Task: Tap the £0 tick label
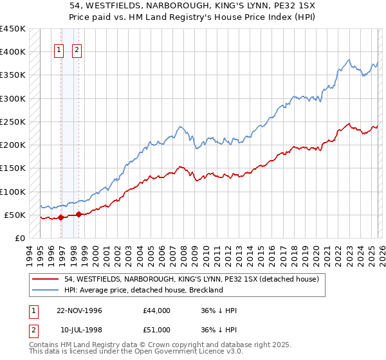20,238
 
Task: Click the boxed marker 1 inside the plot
59,50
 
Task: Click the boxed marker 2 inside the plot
77,50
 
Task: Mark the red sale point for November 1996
61,217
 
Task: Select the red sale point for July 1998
78,214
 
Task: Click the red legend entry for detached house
180,280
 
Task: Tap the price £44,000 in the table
157,310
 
